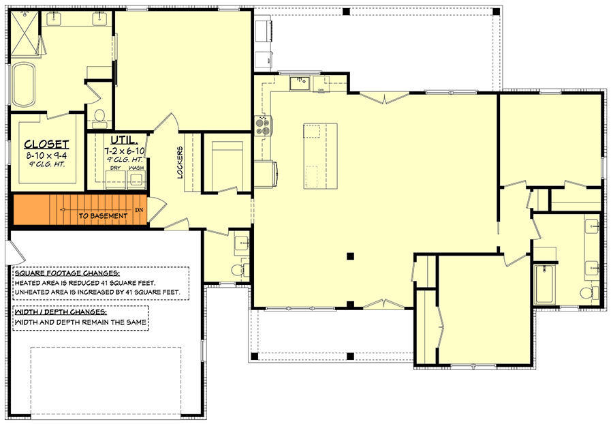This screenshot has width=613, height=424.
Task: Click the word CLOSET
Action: click(46, 144)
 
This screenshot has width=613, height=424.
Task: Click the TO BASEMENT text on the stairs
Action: click(103, 216)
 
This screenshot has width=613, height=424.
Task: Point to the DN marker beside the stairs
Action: click(140, 210)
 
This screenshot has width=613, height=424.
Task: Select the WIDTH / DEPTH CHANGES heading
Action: click(61, 312)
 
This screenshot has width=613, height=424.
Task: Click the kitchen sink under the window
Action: click(299, 83)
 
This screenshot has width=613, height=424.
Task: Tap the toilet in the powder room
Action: click(237, 270)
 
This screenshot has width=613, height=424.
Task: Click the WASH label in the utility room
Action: click(136, 168)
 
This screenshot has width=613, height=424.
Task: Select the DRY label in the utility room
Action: click(116, 168)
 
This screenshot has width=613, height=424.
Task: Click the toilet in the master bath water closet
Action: click(99, 117)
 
